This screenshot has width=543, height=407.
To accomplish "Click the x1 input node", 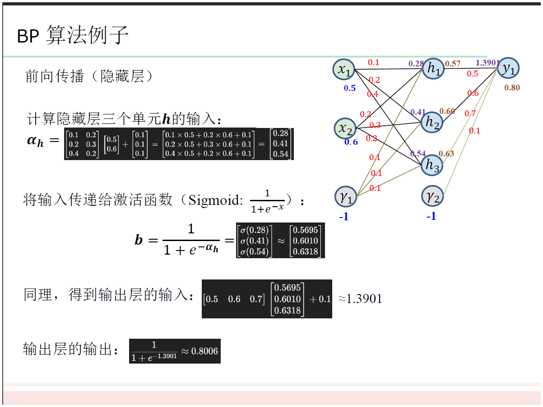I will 344,69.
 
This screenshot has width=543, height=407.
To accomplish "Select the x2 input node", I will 345,128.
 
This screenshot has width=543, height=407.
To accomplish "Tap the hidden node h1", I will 433,68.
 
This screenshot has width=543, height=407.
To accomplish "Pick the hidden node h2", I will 432,121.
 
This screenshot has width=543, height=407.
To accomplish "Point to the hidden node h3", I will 432,166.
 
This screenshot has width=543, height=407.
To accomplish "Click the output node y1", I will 509,68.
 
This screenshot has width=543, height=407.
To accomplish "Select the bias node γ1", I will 346,196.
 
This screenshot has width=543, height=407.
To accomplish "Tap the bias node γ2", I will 432,196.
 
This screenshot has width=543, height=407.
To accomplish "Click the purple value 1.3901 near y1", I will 487,63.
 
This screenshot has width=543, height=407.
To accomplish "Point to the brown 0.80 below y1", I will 512,88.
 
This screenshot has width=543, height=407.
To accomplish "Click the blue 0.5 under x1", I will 350,88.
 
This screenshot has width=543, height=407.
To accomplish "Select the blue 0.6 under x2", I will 351,142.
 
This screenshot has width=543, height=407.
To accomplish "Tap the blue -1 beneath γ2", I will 432,216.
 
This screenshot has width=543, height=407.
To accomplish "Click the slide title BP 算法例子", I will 73,36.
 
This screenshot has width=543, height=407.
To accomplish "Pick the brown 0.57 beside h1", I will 453,64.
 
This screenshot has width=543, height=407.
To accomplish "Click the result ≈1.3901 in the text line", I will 360,298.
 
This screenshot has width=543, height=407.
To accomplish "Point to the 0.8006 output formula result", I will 204,351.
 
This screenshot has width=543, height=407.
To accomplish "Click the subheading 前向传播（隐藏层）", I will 89,76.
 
